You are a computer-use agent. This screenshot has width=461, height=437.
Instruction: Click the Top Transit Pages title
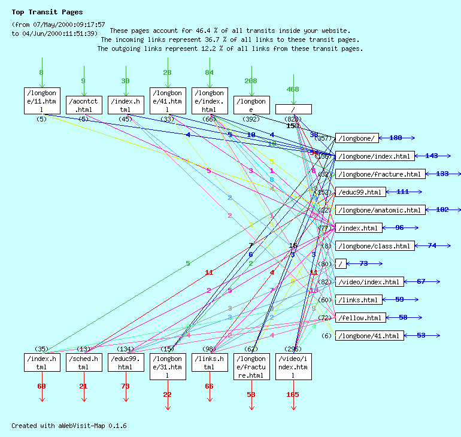(47, 12)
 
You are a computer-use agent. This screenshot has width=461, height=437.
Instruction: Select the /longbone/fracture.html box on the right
(380, 174)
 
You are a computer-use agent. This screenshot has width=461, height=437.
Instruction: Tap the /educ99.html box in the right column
(359, 192)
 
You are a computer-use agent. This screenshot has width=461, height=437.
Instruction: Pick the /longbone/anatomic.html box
(380, 210)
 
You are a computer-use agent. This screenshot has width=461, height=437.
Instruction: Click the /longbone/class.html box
(374, 246)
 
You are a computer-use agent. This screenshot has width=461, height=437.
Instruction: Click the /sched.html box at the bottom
(84, 362)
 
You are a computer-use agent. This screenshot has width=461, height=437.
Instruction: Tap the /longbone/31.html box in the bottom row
(168, 366)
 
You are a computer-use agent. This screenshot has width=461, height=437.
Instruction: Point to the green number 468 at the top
(293, 90)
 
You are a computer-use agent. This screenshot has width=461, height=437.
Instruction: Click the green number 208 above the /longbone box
(251, 81)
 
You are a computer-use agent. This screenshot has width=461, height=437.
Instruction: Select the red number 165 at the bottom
(293, 394)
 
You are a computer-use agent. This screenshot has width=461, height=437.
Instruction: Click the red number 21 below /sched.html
(83, 386)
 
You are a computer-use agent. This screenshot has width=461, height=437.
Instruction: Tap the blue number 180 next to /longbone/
(396, 138)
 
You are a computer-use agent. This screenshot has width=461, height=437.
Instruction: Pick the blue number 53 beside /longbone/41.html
(421, 335)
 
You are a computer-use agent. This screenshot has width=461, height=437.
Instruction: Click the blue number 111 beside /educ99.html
(403, 192)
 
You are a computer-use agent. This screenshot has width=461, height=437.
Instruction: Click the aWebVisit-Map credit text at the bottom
(69, 426)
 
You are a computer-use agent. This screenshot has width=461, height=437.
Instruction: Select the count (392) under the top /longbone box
(251, 119)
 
